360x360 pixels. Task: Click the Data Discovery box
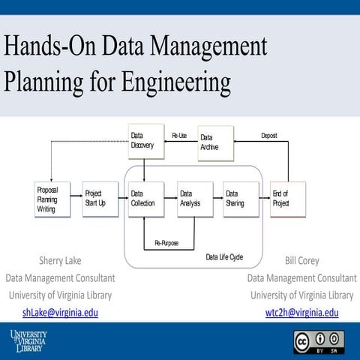pyautogui.click(x=144, y=140)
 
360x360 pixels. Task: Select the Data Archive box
pyautogui.click(x=216, y=142)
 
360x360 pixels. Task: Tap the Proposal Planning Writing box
pyautogui.click(x=52, y=199)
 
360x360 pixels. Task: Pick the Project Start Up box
pyautogui.click(x=100, y=199)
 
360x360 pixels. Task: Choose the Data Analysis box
pyautogui.click(x=194, y=199)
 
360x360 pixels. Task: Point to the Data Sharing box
pyautogui.click(x=241, y=199)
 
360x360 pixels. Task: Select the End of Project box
pyautogui.click(x=288, y=199)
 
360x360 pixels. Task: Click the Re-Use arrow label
pyautogui.click(x=179, y=136)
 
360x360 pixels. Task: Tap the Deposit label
pyautogui.click(x=269, y=136)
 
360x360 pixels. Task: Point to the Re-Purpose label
pyautogui.click(x=166, y=243)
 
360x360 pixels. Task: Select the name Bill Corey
pyautogui.click(x=301, y=261)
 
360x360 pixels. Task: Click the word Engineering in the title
pyautogui.click(x=170, y=80)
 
